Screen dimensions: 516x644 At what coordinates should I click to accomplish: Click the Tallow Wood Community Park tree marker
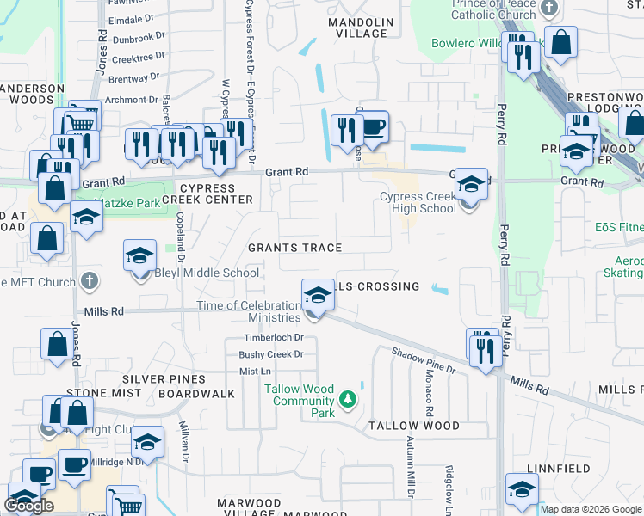[347, 398]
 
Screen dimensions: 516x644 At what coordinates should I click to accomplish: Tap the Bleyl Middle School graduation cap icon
[139, 256]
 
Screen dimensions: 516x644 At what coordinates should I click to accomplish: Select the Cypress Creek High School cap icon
[471, 184]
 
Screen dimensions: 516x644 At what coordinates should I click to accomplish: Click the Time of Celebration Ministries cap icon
[318, 296]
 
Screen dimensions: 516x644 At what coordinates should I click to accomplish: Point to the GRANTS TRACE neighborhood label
[295, 248]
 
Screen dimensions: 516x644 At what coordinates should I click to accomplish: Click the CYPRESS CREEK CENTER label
[215, 193]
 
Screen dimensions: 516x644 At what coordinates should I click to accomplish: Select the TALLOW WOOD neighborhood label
[414, 426]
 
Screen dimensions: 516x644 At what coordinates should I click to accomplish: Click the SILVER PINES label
[164, 379]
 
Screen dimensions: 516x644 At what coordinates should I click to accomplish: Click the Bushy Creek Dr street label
[271, 354]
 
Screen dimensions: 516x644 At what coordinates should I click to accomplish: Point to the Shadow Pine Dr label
[424, 359]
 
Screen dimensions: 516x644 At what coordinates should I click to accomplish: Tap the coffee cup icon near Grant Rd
[372, 128]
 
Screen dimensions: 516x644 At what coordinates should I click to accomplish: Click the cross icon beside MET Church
[89, 281]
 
